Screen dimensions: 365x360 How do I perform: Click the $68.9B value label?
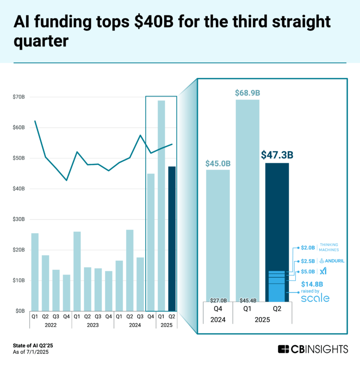pyautogui.click(x=247, y=92)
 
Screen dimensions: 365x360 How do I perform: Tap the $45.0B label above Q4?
pyautogui.click(x=218, y=164)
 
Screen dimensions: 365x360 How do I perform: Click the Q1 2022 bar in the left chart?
pyautogui.click(x=35, y=272)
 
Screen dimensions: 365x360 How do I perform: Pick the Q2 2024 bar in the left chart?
pyautogui.click(x=130, y=270)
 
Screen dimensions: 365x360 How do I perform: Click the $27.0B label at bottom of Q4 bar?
pyautogui.click(x=218, y=300)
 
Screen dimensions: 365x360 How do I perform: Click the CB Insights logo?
pyautogui.click(x=313, y=349)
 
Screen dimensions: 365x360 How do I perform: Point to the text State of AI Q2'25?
pyautogui.click(x=32, y=345)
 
